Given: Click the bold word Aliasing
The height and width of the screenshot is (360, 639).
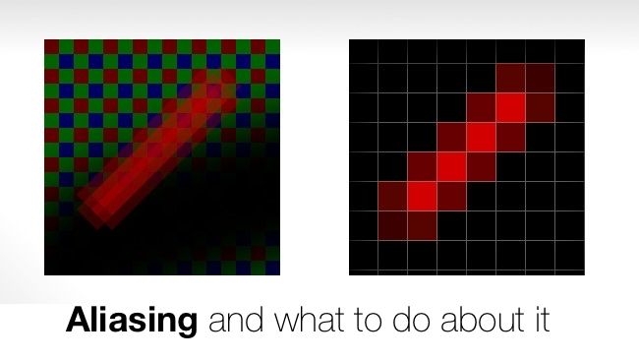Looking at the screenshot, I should coord(132,322).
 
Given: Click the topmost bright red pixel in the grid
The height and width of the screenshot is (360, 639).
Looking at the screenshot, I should coord(511,107).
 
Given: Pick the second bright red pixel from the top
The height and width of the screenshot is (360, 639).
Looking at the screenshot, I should coord(482,137).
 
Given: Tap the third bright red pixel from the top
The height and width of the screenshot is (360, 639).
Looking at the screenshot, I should coord(452,166).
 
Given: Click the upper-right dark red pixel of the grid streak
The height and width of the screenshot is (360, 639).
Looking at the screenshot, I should coord(541,78).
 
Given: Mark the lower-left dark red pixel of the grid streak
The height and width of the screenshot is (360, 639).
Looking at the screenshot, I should coord(393,225).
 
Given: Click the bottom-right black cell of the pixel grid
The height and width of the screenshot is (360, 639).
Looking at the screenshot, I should coord(570,258).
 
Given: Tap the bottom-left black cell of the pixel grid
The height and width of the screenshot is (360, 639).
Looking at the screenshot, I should coord(364,258).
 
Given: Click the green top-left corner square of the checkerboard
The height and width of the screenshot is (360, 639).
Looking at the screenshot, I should coord(51,46).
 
